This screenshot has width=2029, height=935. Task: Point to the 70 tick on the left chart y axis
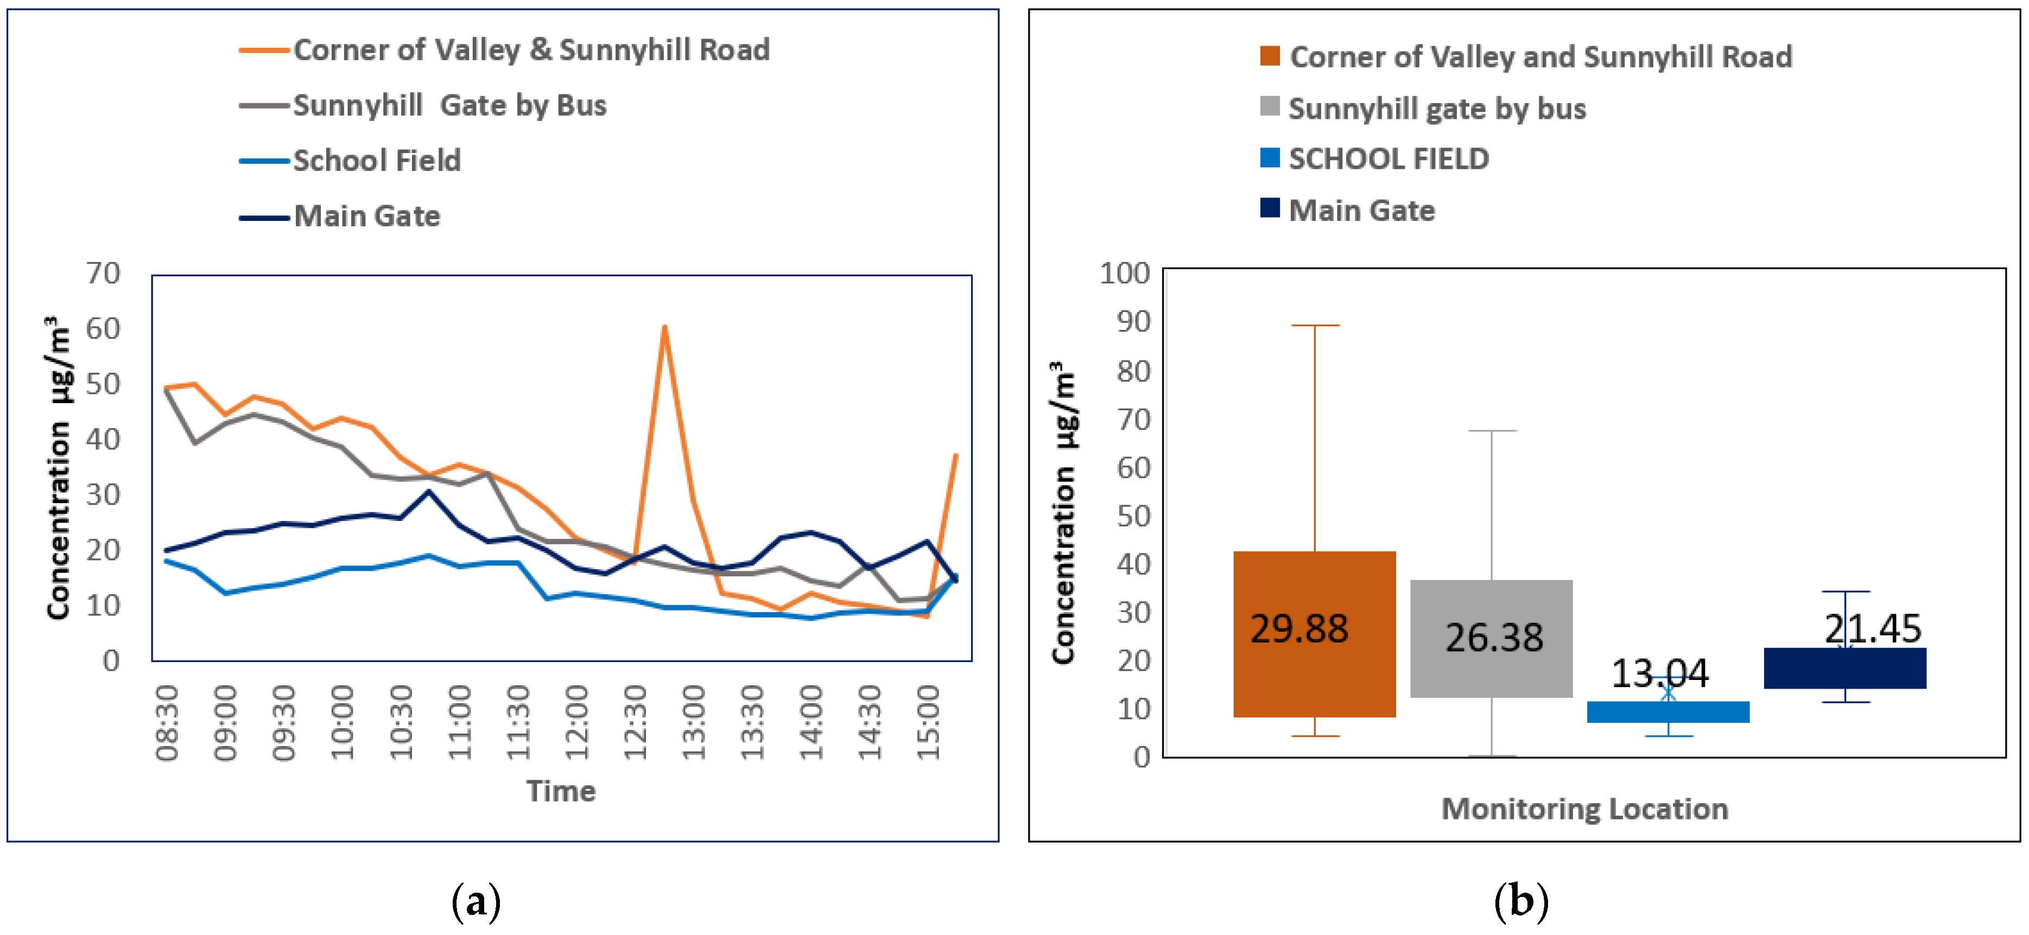click(x=103, y=273)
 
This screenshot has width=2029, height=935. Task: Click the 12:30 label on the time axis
click(x=635, y=722)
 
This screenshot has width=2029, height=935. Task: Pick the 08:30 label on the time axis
click(x=167, y=722)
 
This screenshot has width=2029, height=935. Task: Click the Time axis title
click(x=561, y=791)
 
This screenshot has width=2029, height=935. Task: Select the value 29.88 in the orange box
click(x=1299, y=628)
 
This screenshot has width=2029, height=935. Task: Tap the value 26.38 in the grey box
click(x=1493, y=637)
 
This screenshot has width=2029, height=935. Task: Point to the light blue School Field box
click(x=1667, y=712)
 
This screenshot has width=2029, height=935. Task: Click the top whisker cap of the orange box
click(x=1315, y=325)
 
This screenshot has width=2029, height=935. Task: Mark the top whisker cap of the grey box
click(x=1492, y=431)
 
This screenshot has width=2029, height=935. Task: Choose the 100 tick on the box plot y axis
click(x=1124, y=273)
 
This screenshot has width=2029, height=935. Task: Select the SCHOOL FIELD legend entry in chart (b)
click(x=1388, y=159)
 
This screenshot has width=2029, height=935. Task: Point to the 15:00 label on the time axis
click(x=929, y=722)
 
